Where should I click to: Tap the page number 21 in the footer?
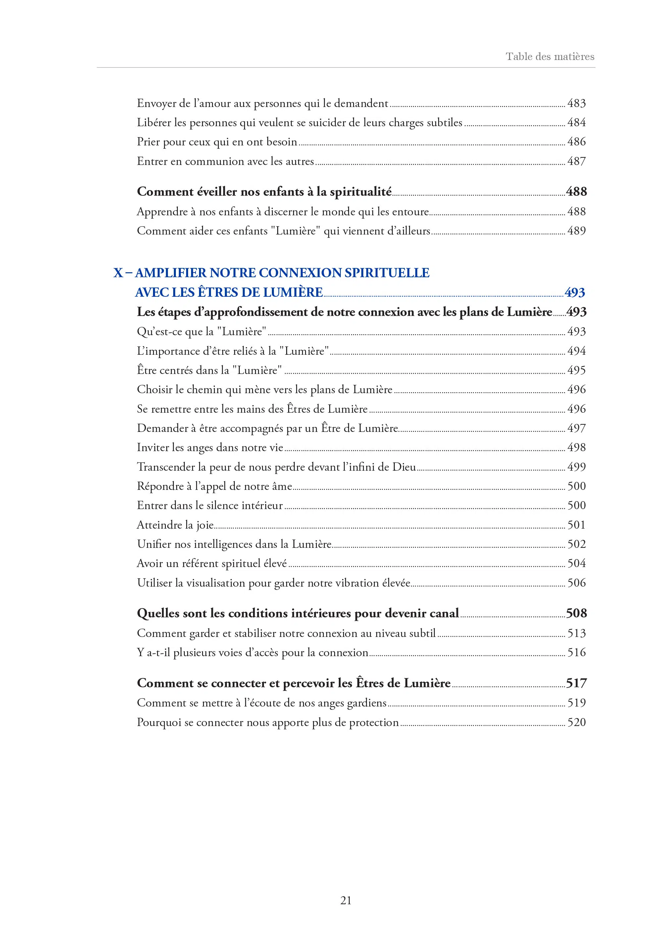pyautogui.click(x=346, y=900)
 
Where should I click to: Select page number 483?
pyautogui.click(x=576, y=103)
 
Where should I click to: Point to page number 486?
pyautogui.click(x=576, y=142)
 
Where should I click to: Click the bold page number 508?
pyautogui.click(x=576, y=613)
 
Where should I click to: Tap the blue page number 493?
pyautogui.click(x=575, y=292)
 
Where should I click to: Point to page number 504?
pyautogui.click(x=576, y=563)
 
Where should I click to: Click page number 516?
pyautogui.click(x=576, y=652)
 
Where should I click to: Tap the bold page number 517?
pyautogui.click(x=576, y=683)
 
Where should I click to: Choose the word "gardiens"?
pyautogui.click(x=367, y=703)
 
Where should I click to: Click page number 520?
pyautogui.click(x=576, y=722)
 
